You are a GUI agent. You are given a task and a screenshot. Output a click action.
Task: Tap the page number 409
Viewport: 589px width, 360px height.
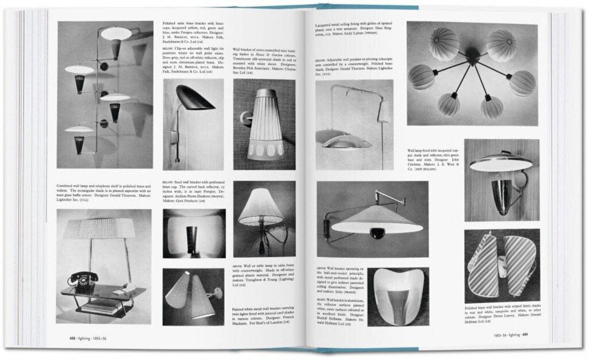(525, 335)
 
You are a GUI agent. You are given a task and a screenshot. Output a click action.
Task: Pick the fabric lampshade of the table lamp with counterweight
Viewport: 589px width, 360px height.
(261, 211)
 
